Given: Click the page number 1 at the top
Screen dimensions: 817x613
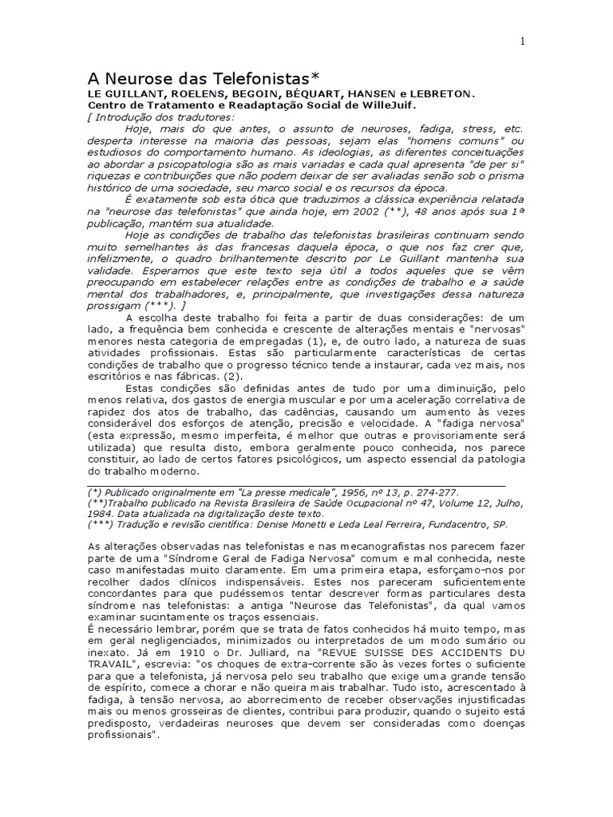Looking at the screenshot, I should (x=522, y=43).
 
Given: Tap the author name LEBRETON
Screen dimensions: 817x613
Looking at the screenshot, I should (x=448, y=93).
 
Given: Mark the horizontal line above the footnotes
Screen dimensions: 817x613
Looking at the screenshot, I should (x=296, y=484).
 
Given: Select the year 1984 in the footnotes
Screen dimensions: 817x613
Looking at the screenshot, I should (x=102, y=515).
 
